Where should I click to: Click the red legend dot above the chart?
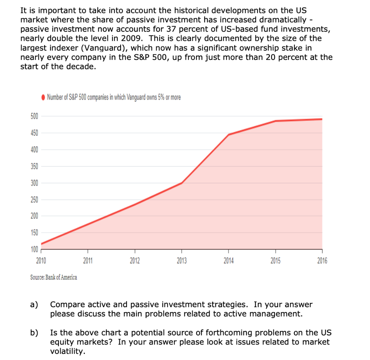click(43, 97)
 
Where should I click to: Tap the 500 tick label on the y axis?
click(34, 116)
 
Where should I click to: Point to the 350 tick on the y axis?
click(34, 166)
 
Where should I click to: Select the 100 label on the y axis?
click(34, 249)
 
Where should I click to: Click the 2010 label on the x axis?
click(41, 261)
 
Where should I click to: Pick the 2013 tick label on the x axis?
click(181, 261)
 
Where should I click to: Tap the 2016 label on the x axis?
click(322, 261)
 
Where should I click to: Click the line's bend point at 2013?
click(181, 183)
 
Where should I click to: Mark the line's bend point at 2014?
click(229, 134)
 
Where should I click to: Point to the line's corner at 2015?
click(276, 121)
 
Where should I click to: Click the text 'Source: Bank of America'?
click(53, 278)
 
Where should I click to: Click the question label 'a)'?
click(34, 305)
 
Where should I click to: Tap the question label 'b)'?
click(34, 333)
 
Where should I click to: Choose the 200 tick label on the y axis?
click(34, 216)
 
